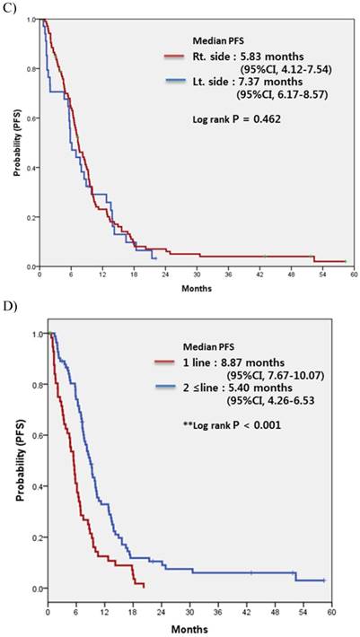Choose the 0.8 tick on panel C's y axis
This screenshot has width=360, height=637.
pyautogui.click(x=30, y=68)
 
